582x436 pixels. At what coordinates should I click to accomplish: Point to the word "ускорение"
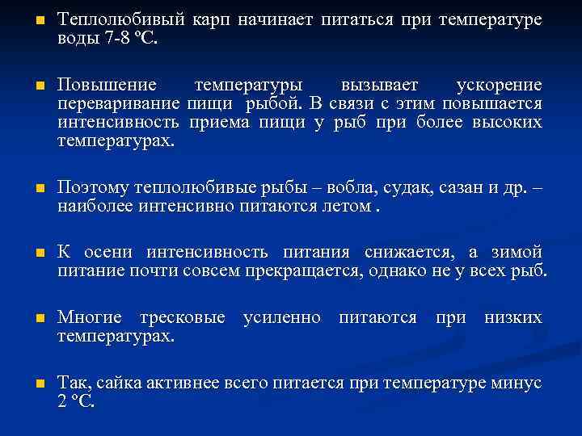499,86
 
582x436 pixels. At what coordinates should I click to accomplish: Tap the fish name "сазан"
462,188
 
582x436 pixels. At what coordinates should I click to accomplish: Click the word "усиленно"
281,317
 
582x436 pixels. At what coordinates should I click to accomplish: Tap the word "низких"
512,317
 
